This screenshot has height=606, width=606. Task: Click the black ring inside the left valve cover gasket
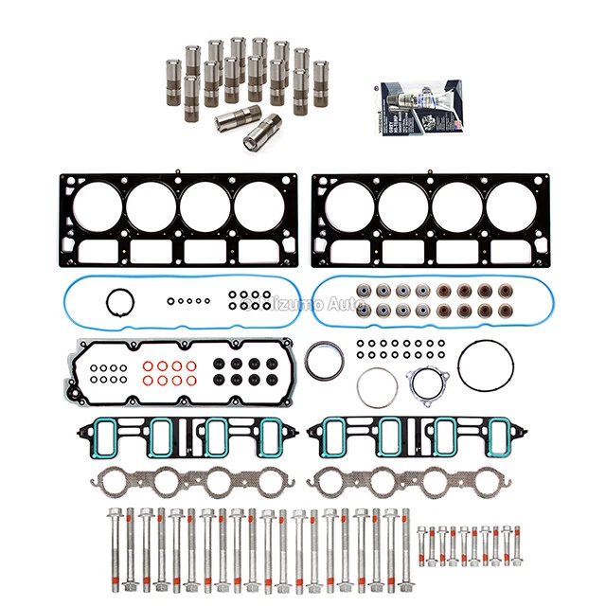(120, 304)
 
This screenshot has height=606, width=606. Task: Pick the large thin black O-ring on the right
(483, 365)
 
